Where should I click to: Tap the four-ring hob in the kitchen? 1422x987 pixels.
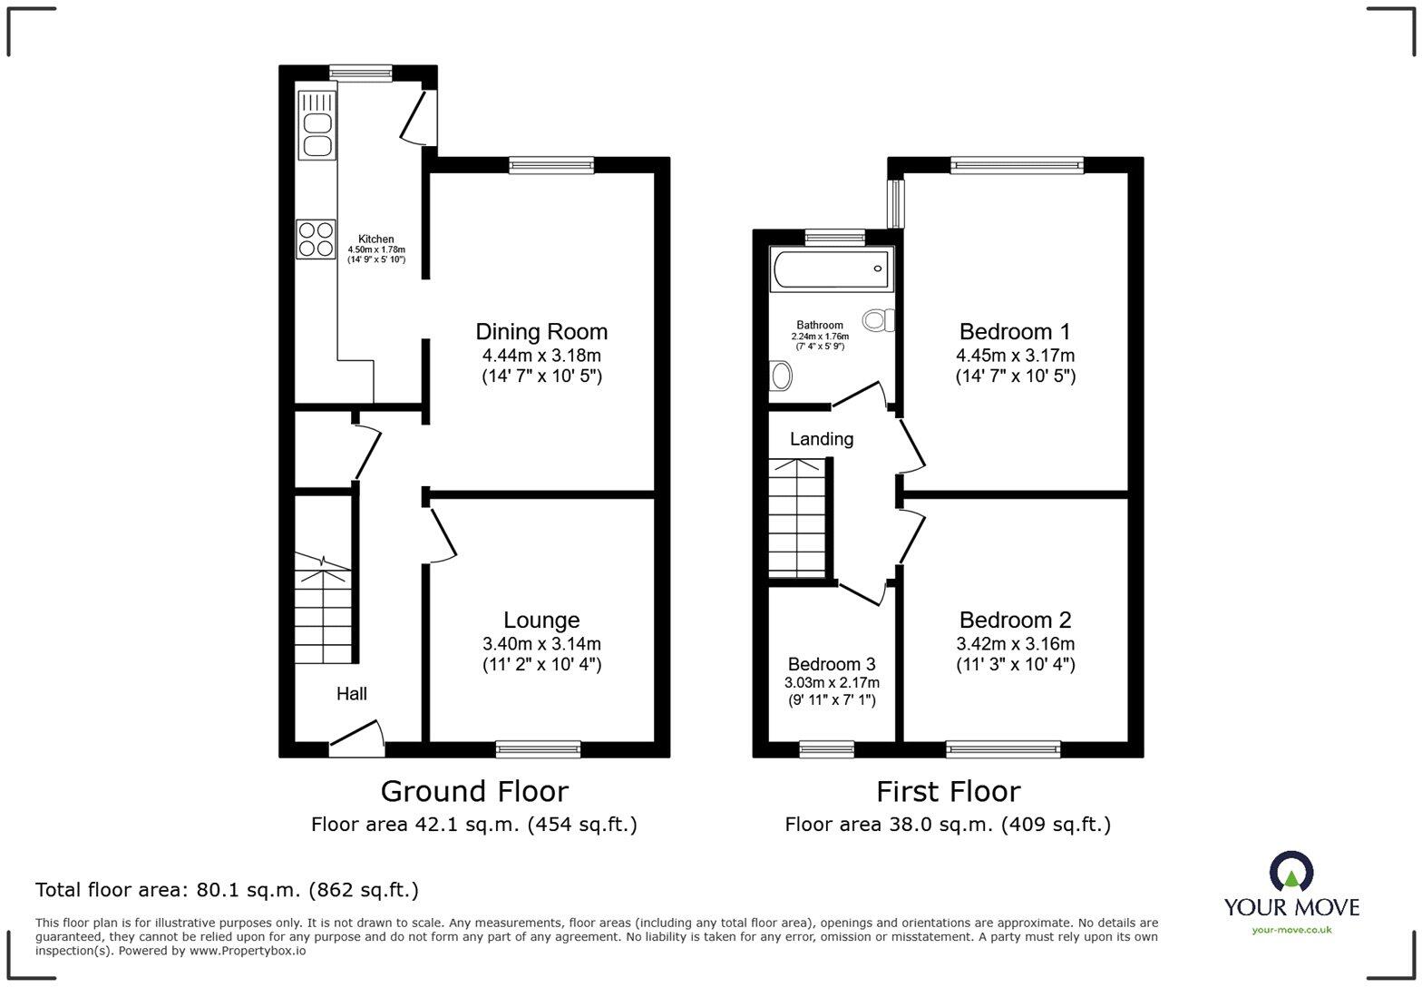(x=316, y=239)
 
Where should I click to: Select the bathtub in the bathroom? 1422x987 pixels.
(x=831, y=269)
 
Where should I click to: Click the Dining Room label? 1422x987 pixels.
(x=541, y=331)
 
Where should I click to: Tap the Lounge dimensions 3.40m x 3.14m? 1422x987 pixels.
(x=541, y=644)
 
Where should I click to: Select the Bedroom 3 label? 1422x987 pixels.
(x=832, y=664)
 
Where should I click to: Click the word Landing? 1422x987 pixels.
(x=821, y=439)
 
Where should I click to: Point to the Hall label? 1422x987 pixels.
(x=352, y=694)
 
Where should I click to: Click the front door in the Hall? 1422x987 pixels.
(x=356, y=737)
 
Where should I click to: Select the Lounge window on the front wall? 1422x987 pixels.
(x=539, y=749)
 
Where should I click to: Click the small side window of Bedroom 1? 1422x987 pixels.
(x=896, y=203)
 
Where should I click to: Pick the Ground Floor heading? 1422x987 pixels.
(x=474, y=791)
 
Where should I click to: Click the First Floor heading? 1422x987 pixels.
(x=948, y=791)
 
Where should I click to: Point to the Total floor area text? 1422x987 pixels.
(x=227, y=890)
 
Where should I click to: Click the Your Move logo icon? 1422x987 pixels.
(x=1291, y=872)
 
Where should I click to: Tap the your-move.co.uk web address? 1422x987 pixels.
(x=1291, y=929)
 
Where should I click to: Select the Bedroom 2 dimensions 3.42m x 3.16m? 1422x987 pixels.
(x=1015, y=644)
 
